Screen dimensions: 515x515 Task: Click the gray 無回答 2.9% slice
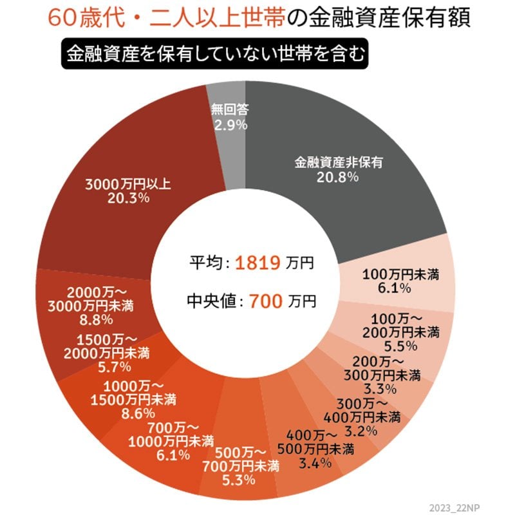229,117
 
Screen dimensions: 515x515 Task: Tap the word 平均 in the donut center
205,263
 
